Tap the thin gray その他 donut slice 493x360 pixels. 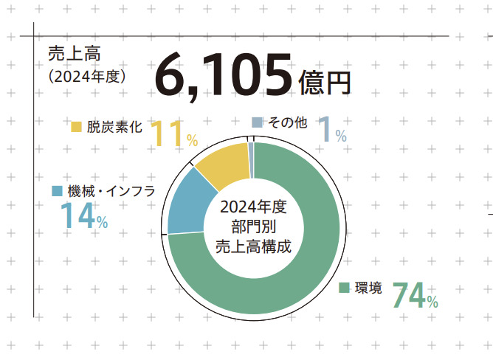[x=251, y=150]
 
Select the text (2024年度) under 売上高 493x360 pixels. [x=87, y=75]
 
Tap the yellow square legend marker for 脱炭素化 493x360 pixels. [x=76, y=126]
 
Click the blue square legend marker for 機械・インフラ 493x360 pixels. [x=57, y=191]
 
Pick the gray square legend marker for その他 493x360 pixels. [x=256, y=122]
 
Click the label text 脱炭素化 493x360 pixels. [x=112, y=126]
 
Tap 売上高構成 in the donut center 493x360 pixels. [x=253, y=247]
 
